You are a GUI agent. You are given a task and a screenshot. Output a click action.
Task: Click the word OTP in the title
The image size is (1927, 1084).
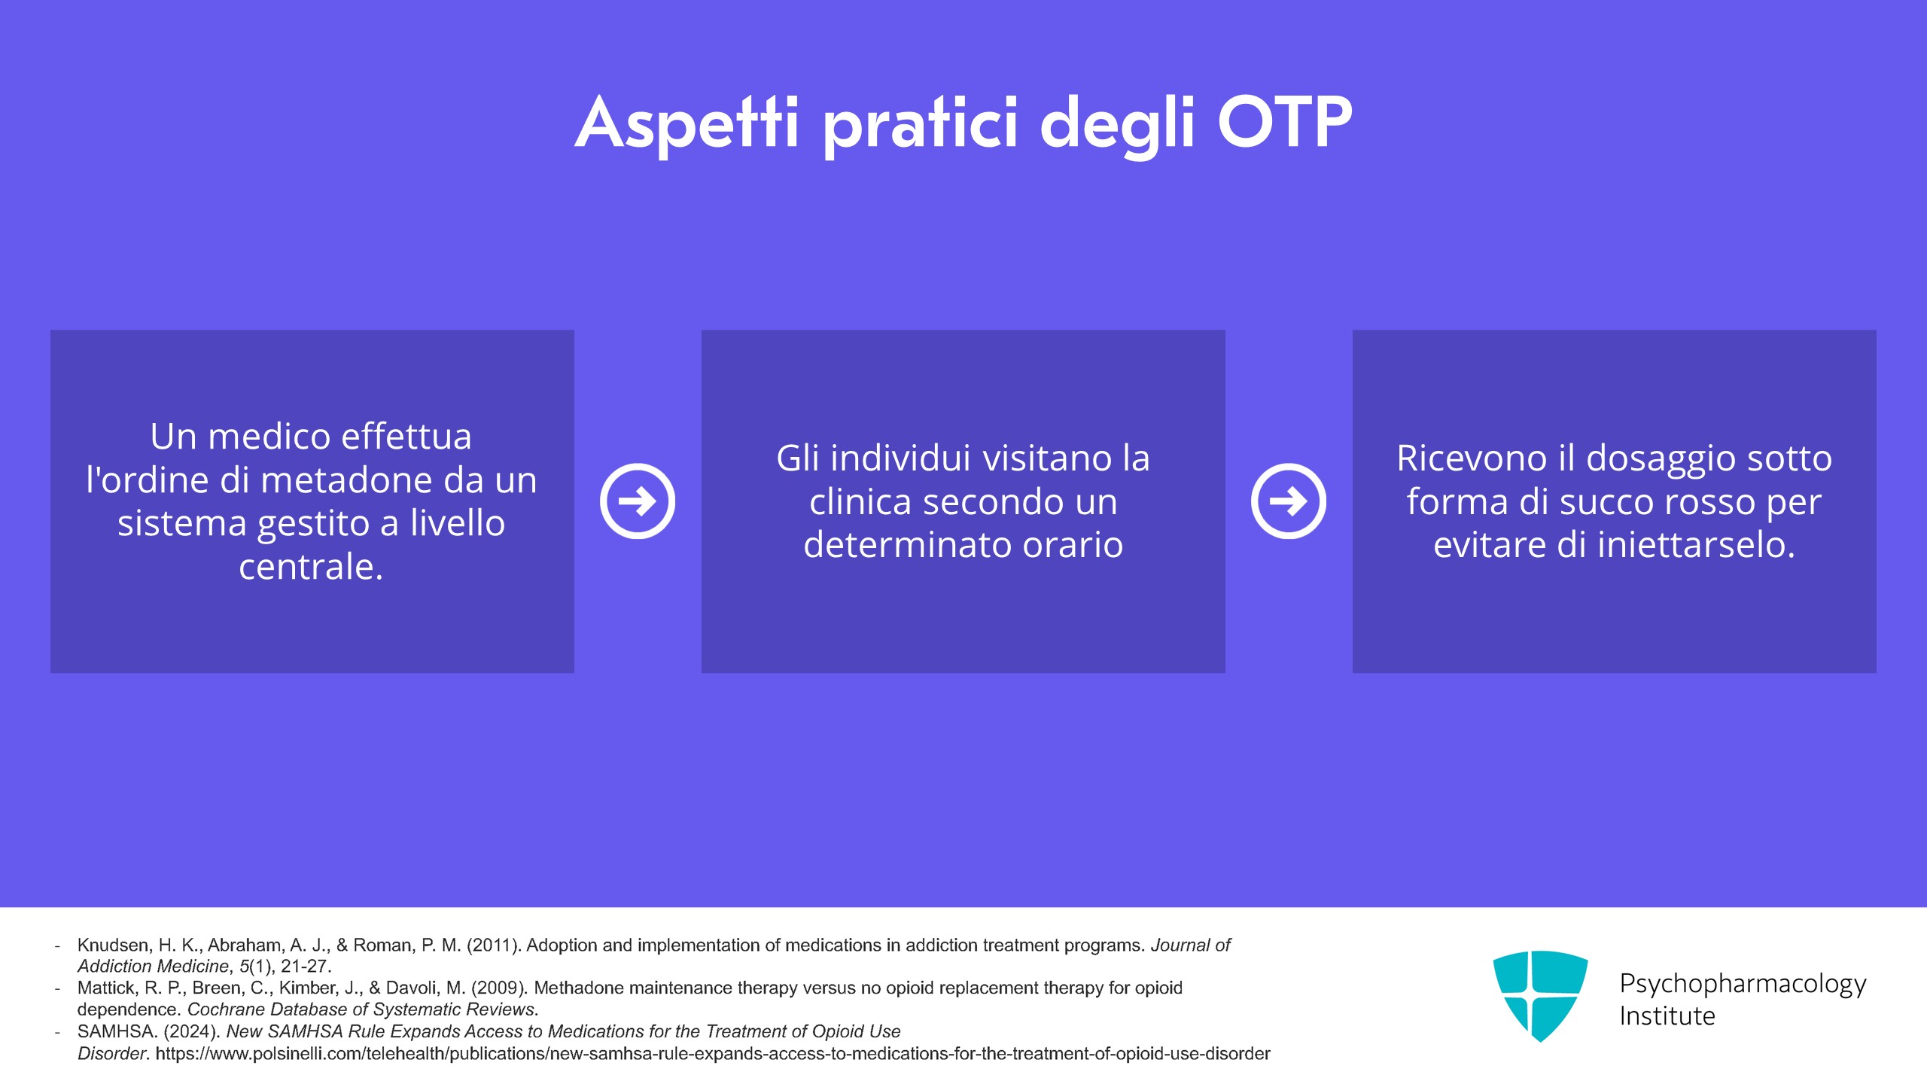(1285, 122)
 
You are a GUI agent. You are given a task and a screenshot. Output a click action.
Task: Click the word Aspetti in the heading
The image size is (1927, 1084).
(686, 123)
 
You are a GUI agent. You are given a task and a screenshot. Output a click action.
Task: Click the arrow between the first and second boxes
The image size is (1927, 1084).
(638, 501)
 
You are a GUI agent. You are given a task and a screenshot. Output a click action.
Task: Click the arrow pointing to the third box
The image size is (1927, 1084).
(1289, 501)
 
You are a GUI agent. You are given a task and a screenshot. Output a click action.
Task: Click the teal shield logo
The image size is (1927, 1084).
(1540, 996)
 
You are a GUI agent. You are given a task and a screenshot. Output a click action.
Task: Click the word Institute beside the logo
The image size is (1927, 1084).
(1667, 1016)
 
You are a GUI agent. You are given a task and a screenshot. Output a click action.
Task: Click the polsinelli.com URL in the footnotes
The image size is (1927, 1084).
(713, 1054)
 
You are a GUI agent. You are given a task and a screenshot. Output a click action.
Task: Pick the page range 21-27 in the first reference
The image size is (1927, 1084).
(306, 967)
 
